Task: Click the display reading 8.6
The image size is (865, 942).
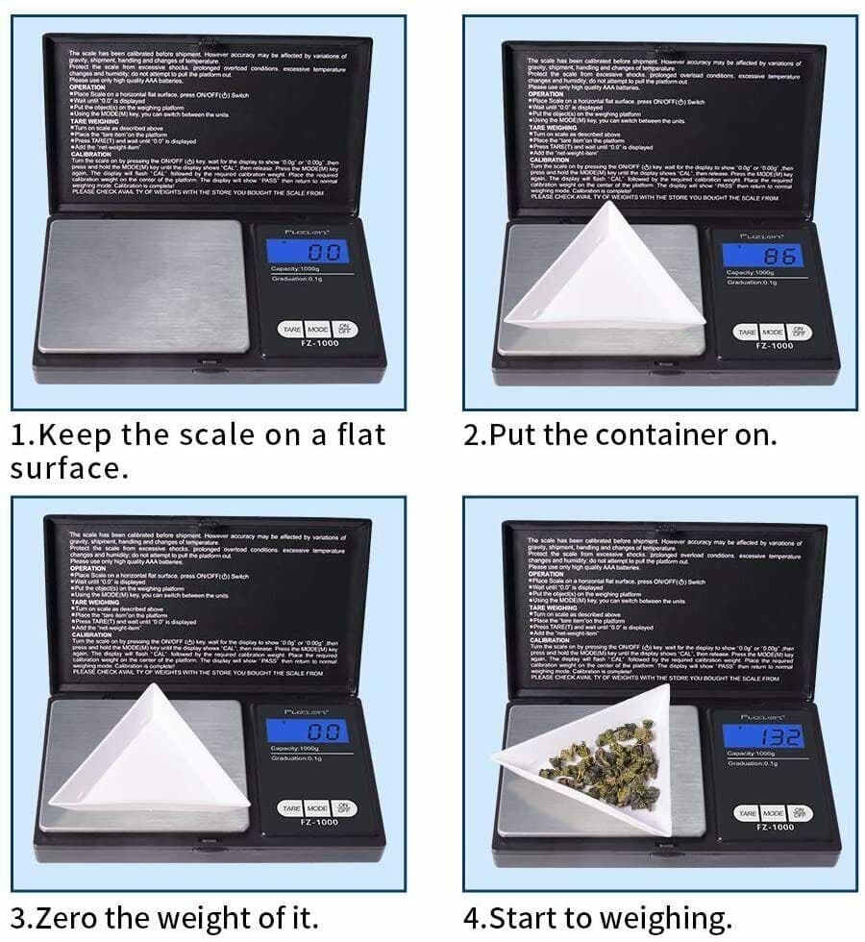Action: coord(769,256)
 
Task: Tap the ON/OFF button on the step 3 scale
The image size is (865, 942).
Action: coord(344,808)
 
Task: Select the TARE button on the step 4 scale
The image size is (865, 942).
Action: coord(747,813)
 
